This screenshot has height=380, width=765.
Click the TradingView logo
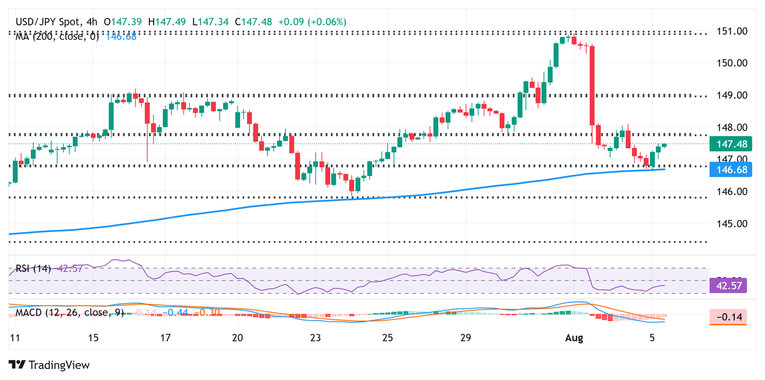[49, 365]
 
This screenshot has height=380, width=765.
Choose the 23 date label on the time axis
[315, 337]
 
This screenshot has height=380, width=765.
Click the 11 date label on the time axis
[15, 337]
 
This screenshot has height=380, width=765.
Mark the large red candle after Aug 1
[593, 85]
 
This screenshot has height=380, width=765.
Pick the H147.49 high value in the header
[173, 22]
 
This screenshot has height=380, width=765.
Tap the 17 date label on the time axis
[165, 337]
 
